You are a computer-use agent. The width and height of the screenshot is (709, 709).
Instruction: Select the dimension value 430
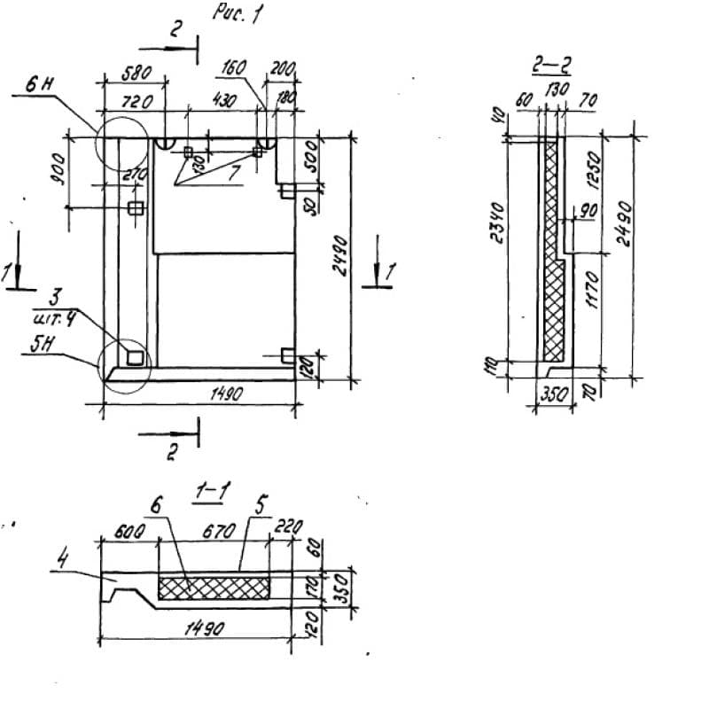(223, 103)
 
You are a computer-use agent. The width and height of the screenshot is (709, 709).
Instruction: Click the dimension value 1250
(595, 175)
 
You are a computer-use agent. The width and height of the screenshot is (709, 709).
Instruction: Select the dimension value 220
(288, 526)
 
